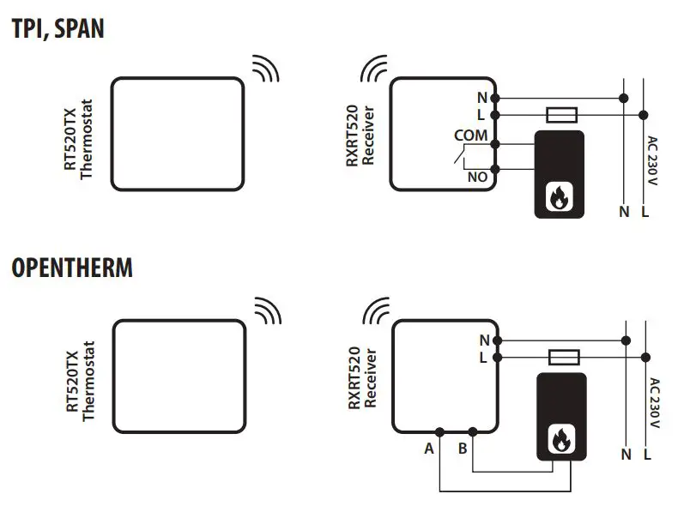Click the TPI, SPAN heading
pos(57,30)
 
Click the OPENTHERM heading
pos(72,268)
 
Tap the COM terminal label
pos(470,136)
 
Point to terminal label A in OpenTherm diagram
pos(428,448)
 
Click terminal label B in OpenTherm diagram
pos(463,448)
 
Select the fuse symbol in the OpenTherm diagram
pos(564,356)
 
